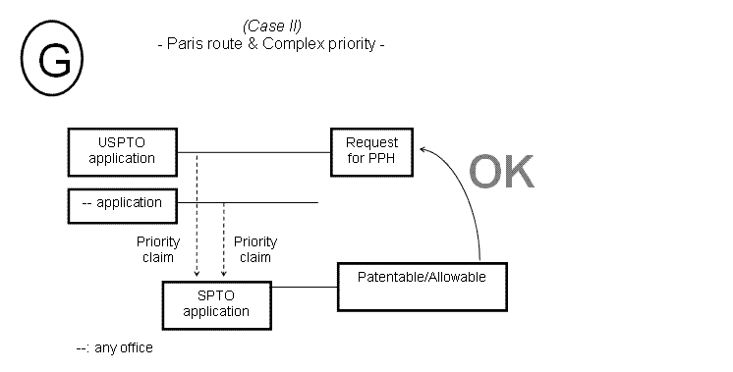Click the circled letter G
[53, 62]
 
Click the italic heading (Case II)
[271, 27]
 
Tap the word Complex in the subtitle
[292, 45]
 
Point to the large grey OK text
[500, 173]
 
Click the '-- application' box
[122, 203]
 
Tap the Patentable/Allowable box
[423, 278]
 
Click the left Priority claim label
[155, 249]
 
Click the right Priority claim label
[255, 249]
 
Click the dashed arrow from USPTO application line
[197, 216]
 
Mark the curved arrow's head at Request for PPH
[423, 147]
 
